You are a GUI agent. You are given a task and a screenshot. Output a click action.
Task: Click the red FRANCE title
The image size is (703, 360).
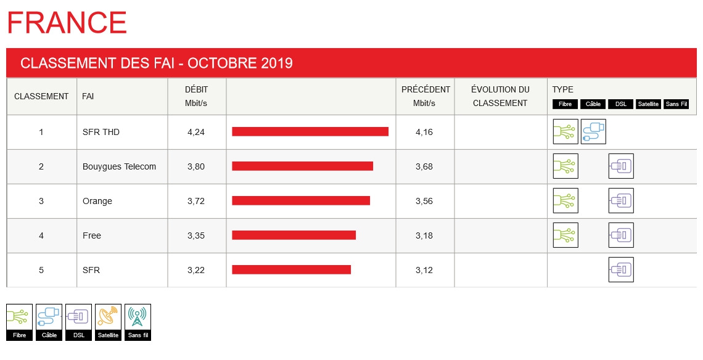pos(67,23)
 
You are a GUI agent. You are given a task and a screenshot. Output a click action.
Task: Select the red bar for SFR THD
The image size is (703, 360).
pos(310,131)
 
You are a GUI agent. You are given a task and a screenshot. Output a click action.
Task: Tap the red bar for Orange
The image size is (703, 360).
pos(301,200)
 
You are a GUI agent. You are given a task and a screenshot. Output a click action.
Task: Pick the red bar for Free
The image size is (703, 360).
pos(294,235)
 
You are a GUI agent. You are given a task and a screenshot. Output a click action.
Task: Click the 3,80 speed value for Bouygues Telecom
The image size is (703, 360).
pos(195,166)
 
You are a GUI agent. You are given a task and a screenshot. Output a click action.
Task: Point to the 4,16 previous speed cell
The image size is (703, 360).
pos(424,132)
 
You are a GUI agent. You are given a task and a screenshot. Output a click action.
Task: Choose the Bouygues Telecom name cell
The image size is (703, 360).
pos(119,166)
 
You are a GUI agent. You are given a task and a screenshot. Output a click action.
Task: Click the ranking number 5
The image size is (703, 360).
pos(41,270)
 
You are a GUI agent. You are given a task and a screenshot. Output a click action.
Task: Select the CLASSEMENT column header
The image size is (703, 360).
pos(41,96)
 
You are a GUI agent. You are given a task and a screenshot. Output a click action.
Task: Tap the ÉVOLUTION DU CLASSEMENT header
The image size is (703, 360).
pos(500,96)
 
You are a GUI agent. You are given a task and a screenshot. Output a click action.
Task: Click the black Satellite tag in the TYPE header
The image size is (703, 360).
pos(648,104)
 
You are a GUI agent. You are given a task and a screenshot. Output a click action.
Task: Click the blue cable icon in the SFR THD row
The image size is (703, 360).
pos(593,131)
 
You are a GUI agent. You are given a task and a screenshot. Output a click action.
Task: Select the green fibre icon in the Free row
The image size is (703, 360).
pos(565,235)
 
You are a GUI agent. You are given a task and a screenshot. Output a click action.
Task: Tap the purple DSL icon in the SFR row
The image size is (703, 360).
pos(621,269)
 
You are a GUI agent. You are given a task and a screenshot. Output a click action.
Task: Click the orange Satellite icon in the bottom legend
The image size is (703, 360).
pos(109,317)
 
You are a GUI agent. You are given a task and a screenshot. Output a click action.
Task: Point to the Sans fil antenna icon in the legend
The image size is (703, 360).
pos(138,317)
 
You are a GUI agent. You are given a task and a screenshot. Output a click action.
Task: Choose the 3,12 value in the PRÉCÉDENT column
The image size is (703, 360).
pos(424,270)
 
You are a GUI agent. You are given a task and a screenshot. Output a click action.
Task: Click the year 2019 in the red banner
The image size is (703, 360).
pos(276,63)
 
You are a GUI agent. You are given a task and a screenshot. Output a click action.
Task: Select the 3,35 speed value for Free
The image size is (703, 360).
pos(195,235)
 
